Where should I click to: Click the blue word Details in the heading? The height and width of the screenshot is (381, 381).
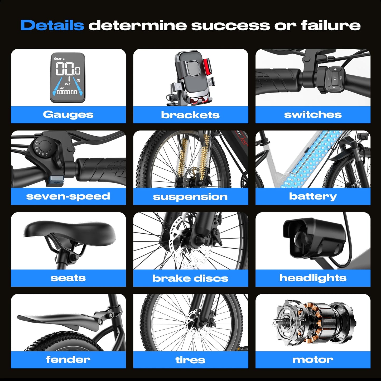52,25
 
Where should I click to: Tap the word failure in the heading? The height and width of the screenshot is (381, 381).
331,25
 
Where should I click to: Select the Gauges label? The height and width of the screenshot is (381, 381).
68,115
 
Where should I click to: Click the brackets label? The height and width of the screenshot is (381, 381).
190,115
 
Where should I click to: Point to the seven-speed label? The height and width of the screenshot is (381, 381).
68,196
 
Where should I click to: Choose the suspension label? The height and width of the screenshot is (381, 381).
190,197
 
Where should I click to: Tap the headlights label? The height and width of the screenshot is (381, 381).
313,278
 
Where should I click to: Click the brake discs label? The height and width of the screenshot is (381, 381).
190,278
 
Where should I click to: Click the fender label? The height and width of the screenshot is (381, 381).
68,359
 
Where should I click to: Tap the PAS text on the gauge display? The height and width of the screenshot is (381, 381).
67,84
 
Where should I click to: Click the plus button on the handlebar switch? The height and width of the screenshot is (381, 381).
335,69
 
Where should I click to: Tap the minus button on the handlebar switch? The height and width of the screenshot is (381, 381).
334,87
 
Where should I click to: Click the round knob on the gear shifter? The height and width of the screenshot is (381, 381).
45,146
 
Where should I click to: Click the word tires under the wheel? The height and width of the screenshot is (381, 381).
190,360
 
